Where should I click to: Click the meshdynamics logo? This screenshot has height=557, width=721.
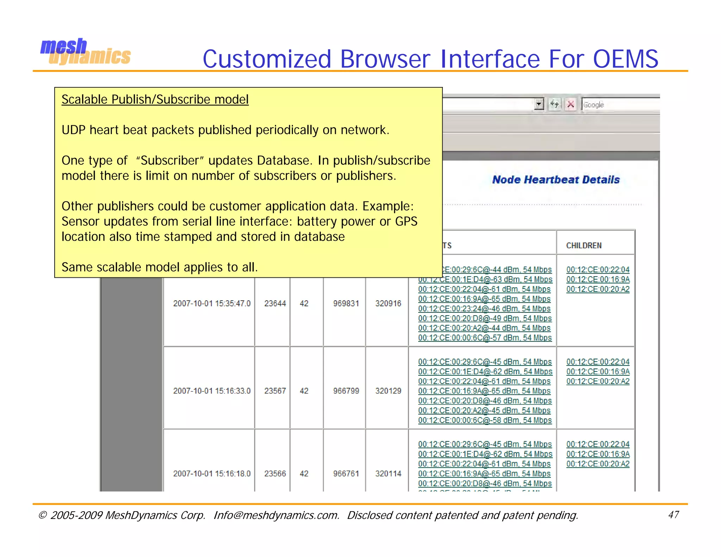pos(85,52)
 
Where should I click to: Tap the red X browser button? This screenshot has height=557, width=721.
pos(571,105)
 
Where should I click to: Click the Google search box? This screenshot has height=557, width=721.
pos(620,105)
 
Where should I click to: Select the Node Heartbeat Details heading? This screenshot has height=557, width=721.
pos(556,180)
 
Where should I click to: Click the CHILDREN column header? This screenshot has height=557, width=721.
pos(584,245)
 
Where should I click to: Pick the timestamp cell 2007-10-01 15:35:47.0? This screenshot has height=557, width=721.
pos(212,303)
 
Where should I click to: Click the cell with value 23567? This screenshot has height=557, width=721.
pos(275,391)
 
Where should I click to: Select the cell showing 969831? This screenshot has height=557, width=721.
pos(346,303)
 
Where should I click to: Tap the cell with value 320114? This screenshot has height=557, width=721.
pos(388,474)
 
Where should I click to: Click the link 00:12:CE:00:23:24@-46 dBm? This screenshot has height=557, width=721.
pos(484,309)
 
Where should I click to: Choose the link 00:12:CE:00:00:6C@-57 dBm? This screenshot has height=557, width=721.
pos(484,338)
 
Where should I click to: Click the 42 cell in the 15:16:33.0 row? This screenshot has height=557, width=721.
pos(304,391)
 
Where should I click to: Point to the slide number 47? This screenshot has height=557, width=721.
pos(673,515)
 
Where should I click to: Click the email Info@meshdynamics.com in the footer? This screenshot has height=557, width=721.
pos(276,515)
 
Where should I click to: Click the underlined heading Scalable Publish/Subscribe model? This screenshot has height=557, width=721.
pos(155,100)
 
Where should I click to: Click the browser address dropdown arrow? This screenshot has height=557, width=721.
pos(539,104)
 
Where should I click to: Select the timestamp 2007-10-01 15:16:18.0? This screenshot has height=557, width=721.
pos(212,474)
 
